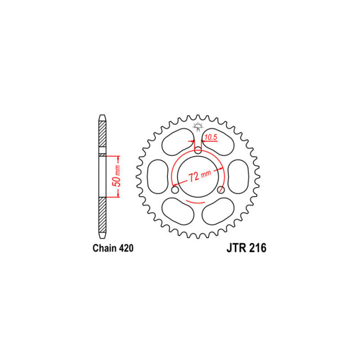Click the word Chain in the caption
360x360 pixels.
[x=104, y=249]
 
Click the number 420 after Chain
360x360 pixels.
[x=125, y=249]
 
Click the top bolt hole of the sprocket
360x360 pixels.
[x=198, y=149]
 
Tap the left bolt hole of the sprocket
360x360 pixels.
[x=176, y=190]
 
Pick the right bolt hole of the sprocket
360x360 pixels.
[x=220, y=190]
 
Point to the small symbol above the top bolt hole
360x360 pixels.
[x=198, y=128]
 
